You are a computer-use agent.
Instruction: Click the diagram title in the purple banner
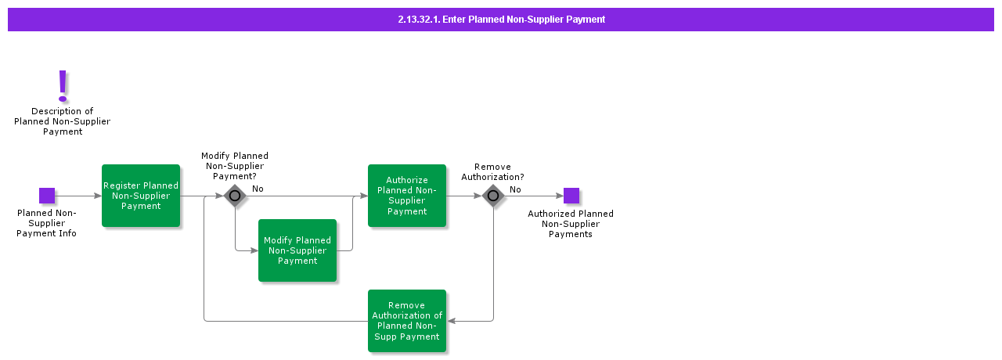coord(501,20)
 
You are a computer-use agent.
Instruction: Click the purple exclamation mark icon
coord(63,85)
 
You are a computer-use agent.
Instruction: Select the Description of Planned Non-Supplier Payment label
coord(63,121)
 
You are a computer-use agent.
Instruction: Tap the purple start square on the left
coord(47,196)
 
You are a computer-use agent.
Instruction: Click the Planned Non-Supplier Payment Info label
coord(47,223)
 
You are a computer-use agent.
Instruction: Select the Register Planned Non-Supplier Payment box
coord(141,196)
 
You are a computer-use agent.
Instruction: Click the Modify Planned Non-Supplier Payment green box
coord(297,250)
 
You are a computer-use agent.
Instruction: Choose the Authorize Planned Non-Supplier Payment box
coord(407,196)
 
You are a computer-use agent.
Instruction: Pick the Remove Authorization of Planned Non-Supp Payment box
coord(407,321)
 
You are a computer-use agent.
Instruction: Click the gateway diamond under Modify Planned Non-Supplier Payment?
coord(235,196)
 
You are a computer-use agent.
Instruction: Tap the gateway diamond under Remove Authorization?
coord(493,196)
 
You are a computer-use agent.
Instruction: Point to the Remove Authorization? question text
coord(492,172)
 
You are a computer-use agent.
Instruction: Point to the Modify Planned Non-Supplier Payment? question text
coord(235,166)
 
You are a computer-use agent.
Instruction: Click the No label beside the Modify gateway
coord(258,189)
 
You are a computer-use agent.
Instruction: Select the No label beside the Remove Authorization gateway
coord(515,189)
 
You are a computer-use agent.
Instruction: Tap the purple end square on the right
coord(571,196)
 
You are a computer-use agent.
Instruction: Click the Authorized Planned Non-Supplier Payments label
coord(571,224)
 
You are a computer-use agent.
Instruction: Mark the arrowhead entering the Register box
coord(98,196)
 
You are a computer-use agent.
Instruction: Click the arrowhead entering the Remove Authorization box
coord(451,321)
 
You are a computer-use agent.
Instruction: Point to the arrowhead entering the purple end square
coord(560,196)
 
